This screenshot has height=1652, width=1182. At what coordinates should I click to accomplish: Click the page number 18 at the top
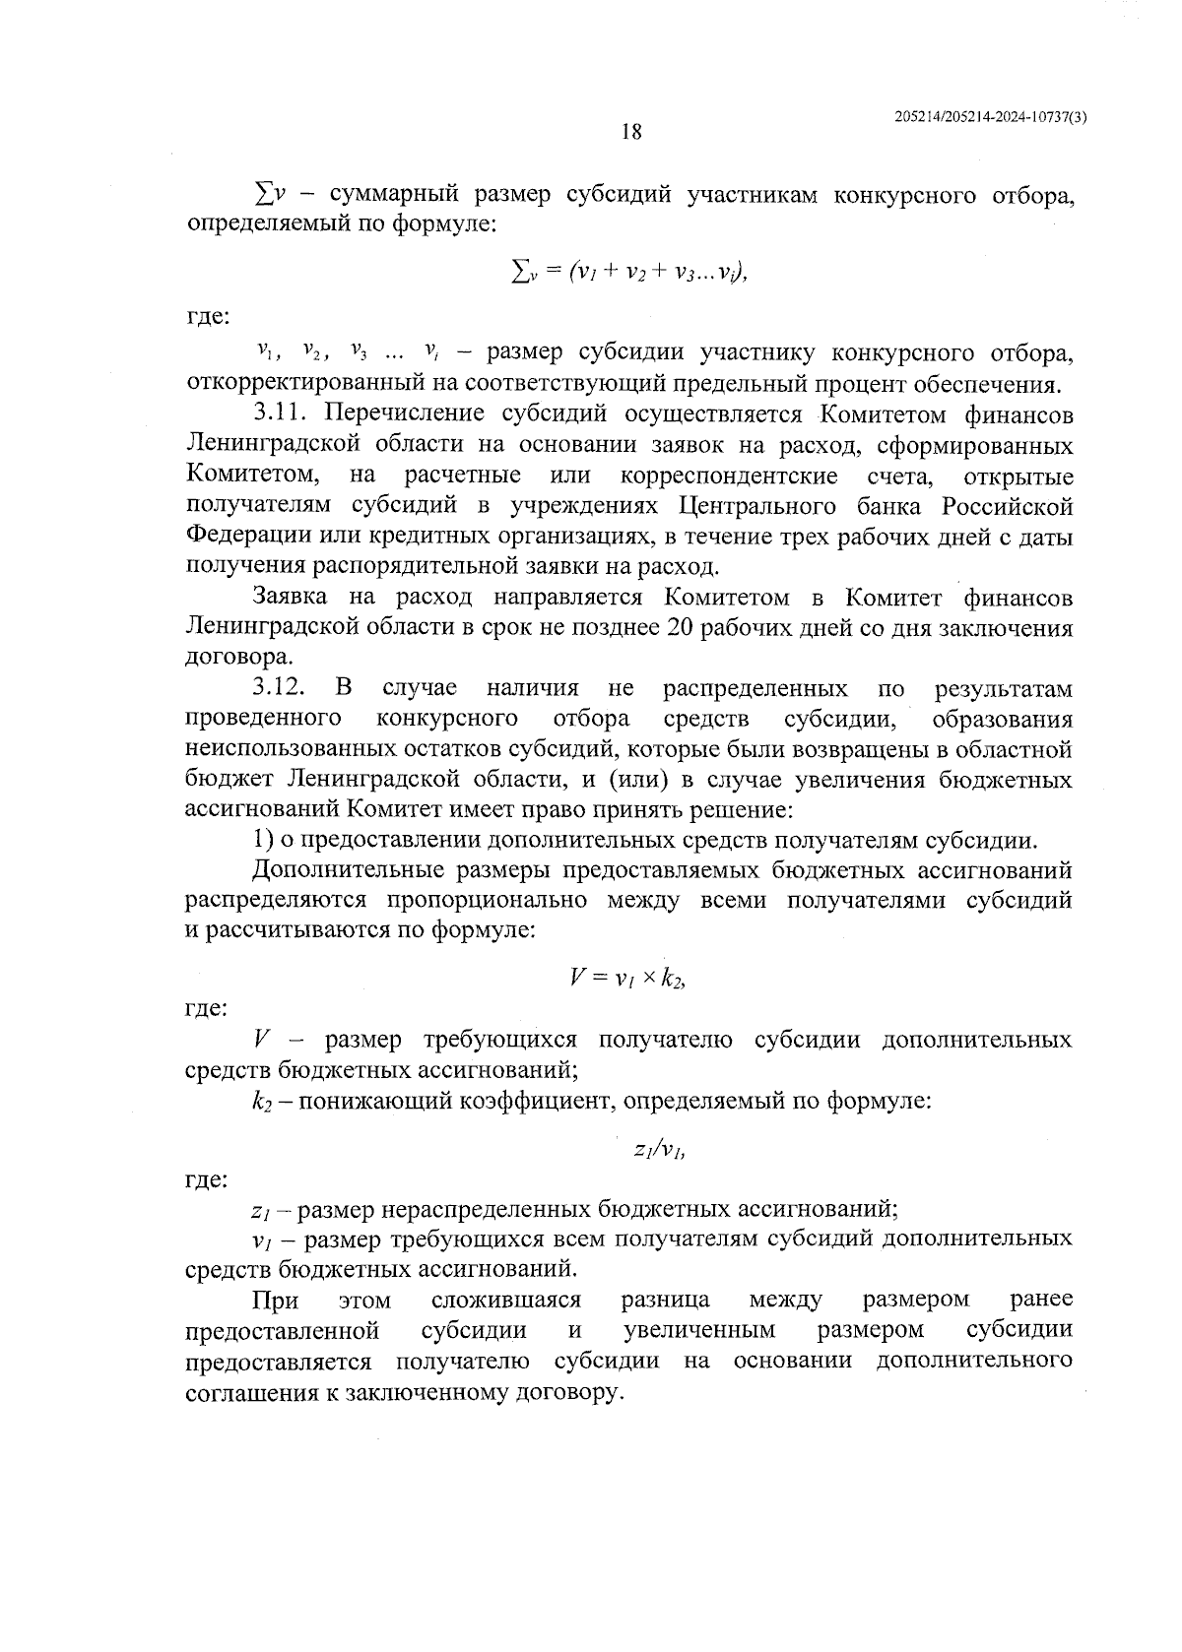(631, 131)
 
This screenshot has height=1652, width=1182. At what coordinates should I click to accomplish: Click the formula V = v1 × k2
(626, 979)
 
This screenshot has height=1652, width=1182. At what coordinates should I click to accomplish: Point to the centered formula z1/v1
(659, 1149)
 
